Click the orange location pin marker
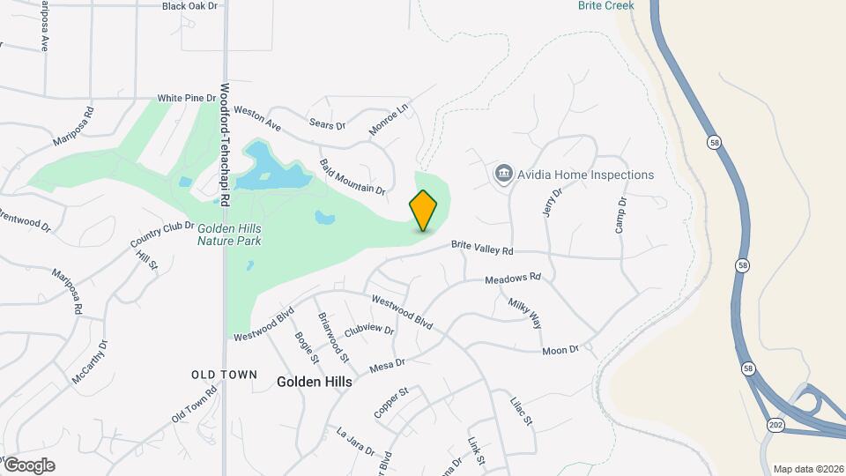coord(423,210)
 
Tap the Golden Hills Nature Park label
coord(229,234)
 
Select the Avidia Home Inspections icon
coord(504,174)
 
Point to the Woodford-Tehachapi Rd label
coord(225,145)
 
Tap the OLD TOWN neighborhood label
coord(225,375)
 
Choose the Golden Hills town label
coord(315,382)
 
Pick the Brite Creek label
coord(605,5)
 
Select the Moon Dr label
coord(560,350)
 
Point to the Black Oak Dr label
coord(189,6)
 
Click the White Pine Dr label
coord(186,98)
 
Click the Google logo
coord(29,465)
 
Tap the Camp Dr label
coord(621,215)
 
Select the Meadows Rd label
coord(512,279)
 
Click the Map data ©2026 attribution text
coord(808,469)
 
